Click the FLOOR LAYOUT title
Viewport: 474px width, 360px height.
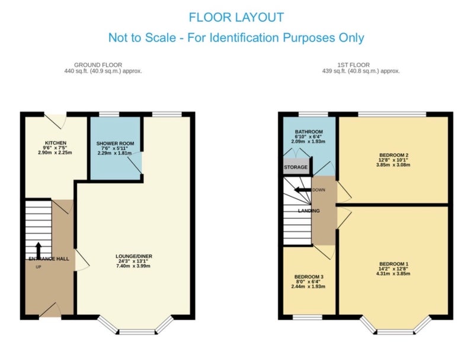pyautogui.click(x=236, y=17)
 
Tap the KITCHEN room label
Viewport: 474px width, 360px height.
pyautogui.click(x=56, y=143)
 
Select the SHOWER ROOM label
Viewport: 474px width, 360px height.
pyautogui.click(x=115, y=144)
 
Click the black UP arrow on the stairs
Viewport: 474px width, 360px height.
pyautogui.click(x=39, y=250)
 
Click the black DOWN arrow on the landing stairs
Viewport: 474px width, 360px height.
pyautogui.click(x=303, y=190)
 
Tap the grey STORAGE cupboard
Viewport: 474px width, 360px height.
pyautogui.click(x=296, y=167)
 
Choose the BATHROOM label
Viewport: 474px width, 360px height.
pyautogui.click(x=309, y=132)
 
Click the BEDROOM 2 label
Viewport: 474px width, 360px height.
pyautogui.click(x=393, y=155)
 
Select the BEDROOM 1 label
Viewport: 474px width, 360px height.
pyautogui.click(x=393, y=264)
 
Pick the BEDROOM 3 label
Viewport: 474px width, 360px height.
pyautogui.click(x=309, y=277)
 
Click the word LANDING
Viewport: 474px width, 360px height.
pyautogui.click(x=309, y=211)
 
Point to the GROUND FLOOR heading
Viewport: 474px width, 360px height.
pyautogui.click(x=98, y=65)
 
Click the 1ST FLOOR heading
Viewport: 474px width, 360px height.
pyautogui.click(x=354, y=65)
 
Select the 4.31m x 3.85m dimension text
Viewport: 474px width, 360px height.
pyautogui.click(x=393, y=273)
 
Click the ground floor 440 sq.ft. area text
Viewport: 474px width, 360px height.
pyautogui.click(x=103, y=71)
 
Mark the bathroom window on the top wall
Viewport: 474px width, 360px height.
pyautogui.click(x=313, y=114)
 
